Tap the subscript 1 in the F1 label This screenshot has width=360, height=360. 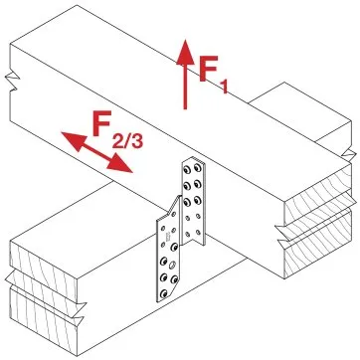click(x=225, y=87)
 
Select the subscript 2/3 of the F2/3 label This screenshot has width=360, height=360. click(x=127, y=140)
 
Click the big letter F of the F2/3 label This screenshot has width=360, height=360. click(x=102, y=122)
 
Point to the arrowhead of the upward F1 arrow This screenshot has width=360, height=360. click(x=185, y=52)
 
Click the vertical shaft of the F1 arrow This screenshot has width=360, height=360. click(x=185, y=87)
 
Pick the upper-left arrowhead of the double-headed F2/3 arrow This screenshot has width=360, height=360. click(x=74, y=140)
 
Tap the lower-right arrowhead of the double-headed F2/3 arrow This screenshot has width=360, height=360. click(x=120, y=165)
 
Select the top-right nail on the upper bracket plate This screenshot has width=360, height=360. click(x=198, y=167)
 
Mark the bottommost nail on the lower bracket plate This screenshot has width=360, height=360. click(x=163, y=292)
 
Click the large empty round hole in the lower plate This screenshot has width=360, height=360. click(x=172, y=266)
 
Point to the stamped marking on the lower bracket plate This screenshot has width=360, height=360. click(x=168, y=236)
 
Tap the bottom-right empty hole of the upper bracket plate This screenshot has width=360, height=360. click(x=198, y=232)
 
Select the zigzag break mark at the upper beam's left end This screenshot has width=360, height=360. click(x=13, y=81)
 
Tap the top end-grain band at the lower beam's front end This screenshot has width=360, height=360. click(x=44, y=262)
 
